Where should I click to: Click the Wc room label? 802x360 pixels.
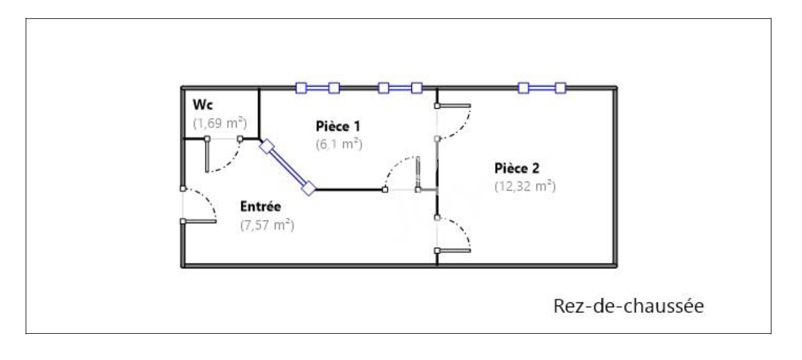203,104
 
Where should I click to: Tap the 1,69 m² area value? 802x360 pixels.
219,122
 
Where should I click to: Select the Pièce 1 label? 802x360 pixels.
337,126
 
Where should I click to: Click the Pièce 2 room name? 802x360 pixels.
517,168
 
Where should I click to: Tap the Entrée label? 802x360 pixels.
260,207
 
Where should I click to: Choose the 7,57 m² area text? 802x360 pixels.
267,226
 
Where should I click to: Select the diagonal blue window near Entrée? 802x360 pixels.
287,167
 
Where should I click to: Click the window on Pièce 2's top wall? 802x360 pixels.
542,88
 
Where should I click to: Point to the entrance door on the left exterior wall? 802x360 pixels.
199,205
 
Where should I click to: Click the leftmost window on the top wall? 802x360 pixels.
317,88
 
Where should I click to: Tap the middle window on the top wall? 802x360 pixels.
400,88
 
